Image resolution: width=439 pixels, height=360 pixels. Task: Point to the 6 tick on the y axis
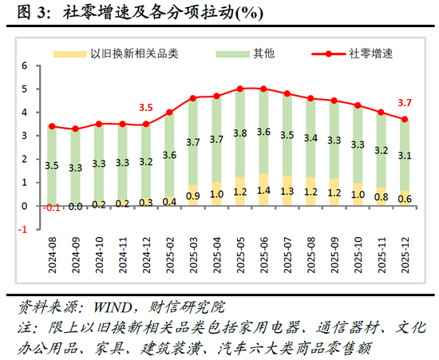click(25, 66)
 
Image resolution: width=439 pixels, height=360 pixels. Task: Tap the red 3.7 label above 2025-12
click(405, 102)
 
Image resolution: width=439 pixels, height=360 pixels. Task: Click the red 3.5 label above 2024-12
click(145, 107)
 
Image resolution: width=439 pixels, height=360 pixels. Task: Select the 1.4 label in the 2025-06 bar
click(263, 192)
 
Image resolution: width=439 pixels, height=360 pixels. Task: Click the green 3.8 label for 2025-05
click(239, 133)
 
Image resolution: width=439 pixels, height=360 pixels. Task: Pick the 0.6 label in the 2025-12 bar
click(405, 199)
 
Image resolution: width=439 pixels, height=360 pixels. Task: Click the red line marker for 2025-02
click(168, 113)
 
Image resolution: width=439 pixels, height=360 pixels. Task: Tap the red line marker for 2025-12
click(405, 120)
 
